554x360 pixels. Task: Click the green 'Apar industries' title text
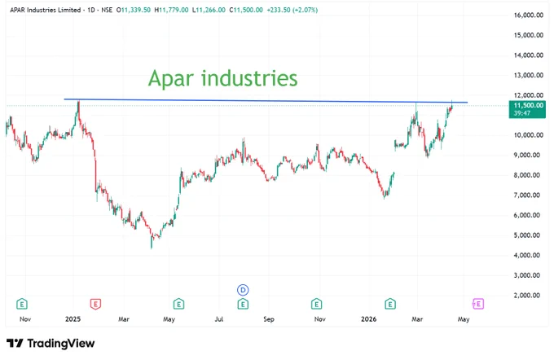pos(222,78)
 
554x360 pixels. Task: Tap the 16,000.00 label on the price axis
pos(528,15)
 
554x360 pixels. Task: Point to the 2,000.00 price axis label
pos(529,296)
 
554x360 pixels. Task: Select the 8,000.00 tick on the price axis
pos(529,175)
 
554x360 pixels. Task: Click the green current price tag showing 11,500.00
pos(527,109)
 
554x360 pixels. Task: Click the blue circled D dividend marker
pos(243,290)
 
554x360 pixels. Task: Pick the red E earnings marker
pos(95,304)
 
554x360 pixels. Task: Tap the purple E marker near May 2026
pos(478,304)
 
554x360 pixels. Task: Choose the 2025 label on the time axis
pos(73,319)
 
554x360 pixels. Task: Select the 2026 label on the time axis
pos(368,319)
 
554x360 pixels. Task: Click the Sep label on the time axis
pos(269,319)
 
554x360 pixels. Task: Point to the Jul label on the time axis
pos(219,319)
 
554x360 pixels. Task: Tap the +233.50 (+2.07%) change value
pos(292,10)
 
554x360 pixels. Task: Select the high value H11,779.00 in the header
pos(171,10)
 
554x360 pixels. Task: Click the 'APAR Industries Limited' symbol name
pos(46,10)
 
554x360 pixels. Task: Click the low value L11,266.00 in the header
pos(209,10)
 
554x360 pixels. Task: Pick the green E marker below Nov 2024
pos(22,304)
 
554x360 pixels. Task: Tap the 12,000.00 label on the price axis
pos(529,95)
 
